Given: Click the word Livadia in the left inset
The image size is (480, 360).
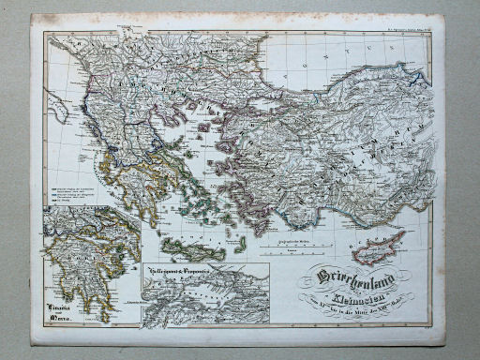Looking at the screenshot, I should [62, 306].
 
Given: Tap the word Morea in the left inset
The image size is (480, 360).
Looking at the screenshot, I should [63, 320].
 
